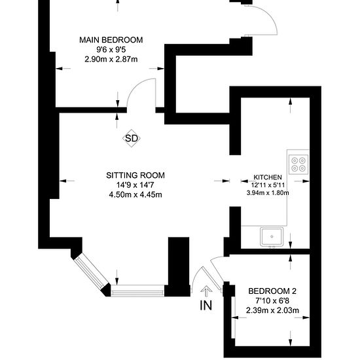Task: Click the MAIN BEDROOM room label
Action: coord(111,40)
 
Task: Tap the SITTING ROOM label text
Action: coord(135,175)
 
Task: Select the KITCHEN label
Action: coord(268,177)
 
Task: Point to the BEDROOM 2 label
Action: coord(272,291)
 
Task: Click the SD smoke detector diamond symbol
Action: coord(132,138)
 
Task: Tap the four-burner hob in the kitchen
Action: coord(298,164)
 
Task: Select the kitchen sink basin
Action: coord(272,236)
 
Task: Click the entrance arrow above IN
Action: coord(206,291)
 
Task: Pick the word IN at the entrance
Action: coord(206,306)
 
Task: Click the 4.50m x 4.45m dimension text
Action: coord(135,195)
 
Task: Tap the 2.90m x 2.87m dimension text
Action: coord(111,60)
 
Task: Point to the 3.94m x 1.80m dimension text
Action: coord(268,192)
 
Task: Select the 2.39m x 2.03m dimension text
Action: coord(272,311)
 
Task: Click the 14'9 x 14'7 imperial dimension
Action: coord(135,185)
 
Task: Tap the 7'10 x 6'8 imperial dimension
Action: coord(272,301)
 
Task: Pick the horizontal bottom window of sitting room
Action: coord(137,291)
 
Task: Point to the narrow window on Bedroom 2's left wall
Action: coord(233,317)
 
